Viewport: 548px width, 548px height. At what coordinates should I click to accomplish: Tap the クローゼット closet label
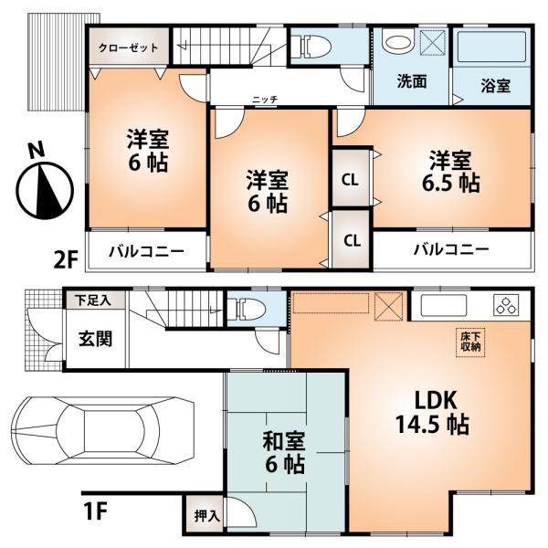(x=128, y=47)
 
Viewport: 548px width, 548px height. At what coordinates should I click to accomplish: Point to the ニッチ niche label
(x=266, y=99)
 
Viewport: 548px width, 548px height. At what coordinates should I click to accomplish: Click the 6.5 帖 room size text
(x=450, y=183)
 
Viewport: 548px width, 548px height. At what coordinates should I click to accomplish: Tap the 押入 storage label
(x=206, y=516)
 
